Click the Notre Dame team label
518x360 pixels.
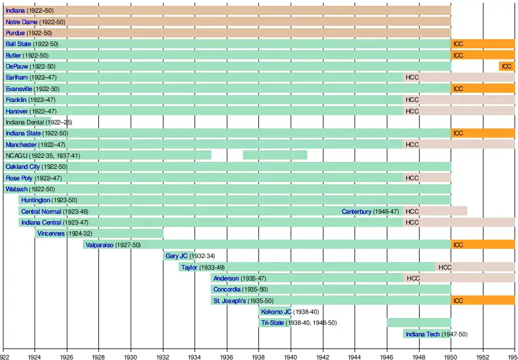coord(22,22)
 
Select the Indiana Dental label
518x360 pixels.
coord(39,122)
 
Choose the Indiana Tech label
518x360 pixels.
coord(422,334)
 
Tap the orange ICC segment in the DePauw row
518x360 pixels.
coord(506,66)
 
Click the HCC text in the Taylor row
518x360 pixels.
coord(445,267)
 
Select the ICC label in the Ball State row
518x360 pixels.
coord(458,44)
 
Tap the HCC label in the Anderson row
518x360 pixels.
coord(413,278)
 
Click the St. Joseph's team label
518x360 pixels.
coord(230,301)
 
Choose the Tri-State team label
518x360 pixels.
coord(272,323)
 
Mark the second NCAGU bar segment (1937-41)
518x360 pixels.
coord(275,156)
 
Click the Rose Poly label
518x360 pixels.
coord(19,178)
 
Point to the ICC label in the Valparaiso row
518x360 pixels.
coord(458,245)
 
